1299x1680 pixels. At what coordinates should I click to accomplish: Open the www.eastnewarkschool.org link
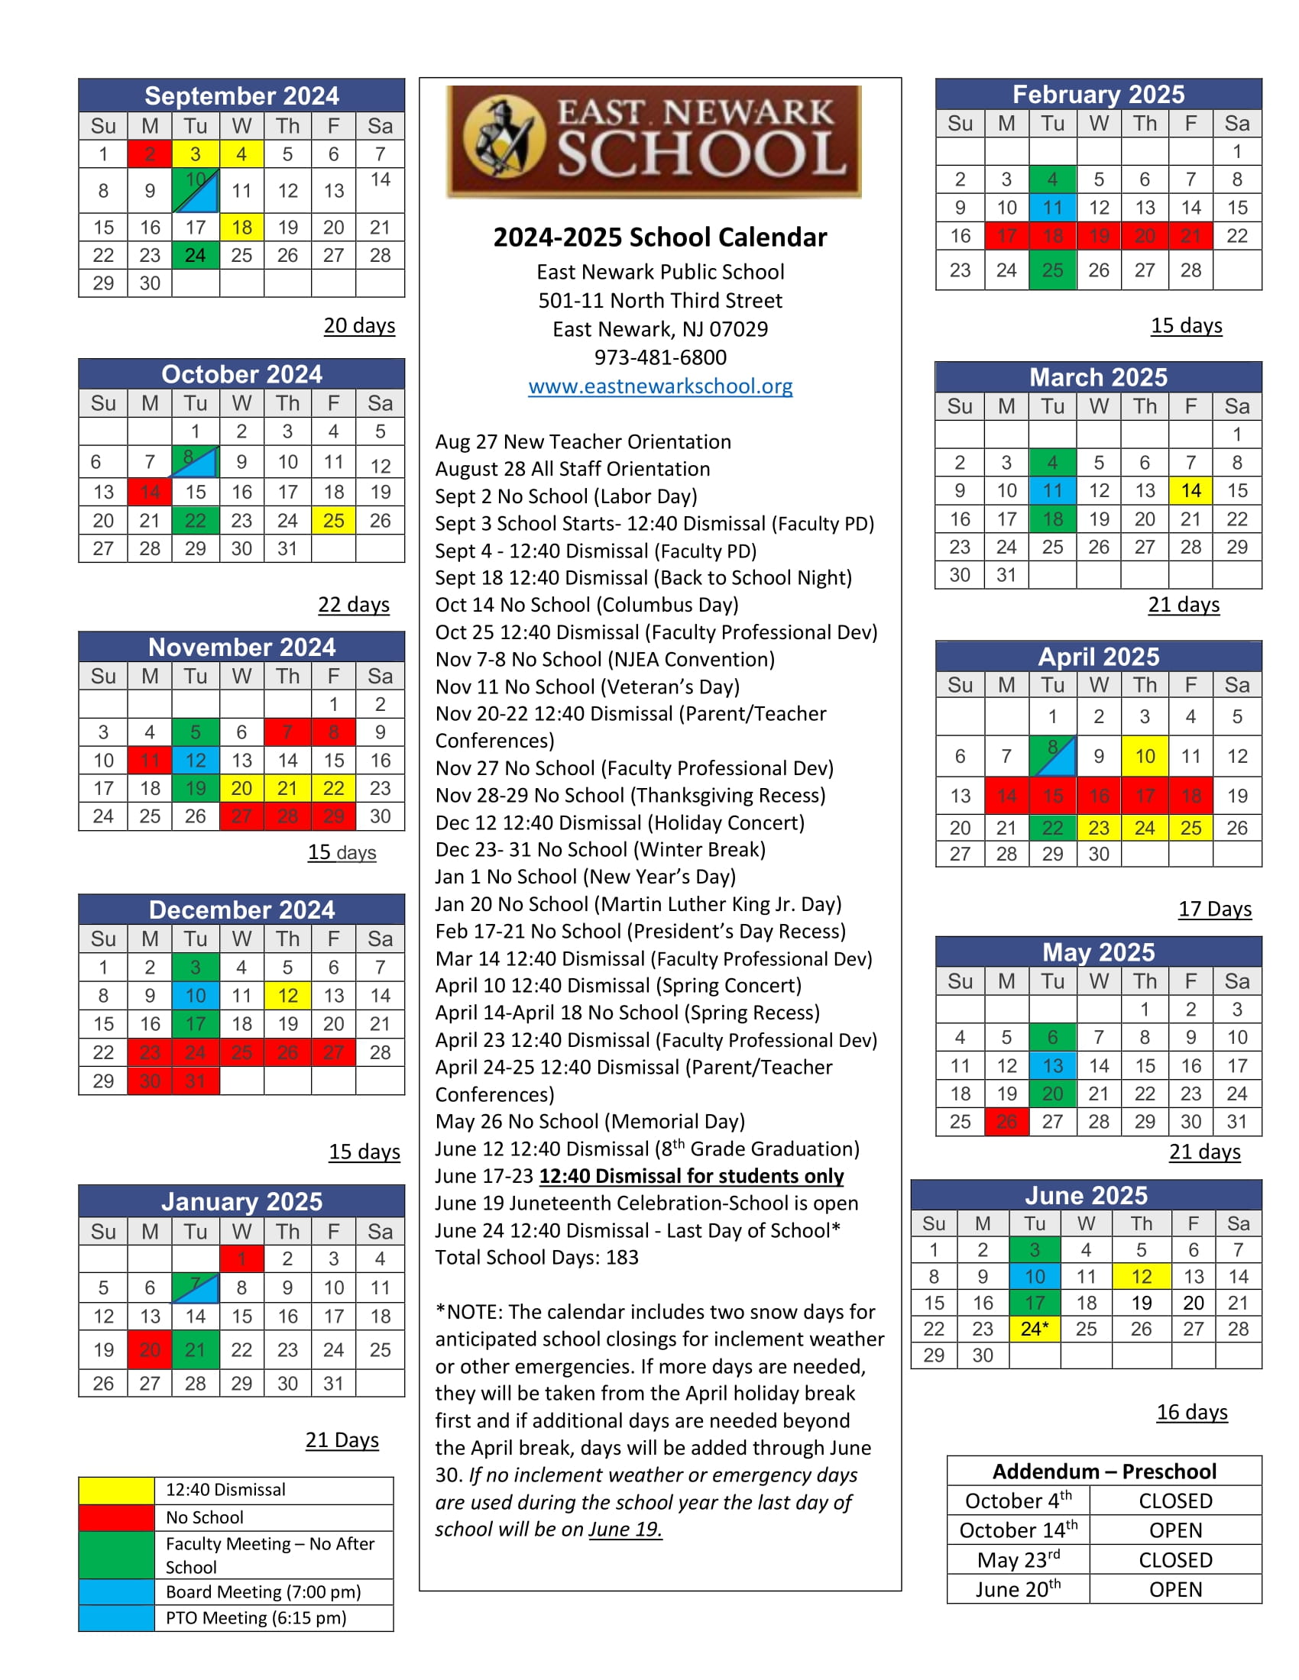[x=659, y=386]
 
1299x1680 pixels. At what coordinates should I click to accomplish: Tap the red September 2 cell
[x=150, y=153]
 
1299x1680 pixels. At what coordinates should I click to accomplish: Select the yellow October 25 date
[x=333, y=521]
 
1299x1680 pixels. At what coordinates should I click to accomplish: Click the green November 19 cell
[x=196, y=789]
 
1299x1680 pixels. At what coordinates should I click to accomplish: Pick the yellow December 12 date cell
[x=287, y=995]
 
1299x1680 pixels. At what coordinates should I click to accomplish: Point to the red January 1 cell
[x=241, y=1258]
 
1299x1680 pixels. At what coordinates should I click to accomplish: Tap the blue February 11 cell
[x=1052, y=208]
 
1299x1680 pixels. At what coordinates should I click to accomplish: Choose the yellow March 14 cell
[x=1190, y=491]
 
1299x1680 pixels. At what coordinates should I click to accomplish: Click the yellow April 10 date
[x=1145, y=756]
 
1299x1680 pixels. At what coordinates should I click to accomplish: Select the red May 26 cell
[x=1006, y=1122]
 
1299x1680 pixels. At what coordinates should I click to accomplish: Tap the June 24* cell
[x=1035, y=1329]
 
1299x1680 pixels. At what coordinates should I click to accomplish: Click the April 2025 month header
[x=1098, y=656]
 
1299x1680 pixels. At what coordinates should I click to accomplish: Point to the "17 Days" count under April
[x=1214, y=909]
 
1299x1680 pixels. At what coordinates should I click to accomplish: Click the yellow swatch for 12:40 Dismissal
[x=116, y=1490]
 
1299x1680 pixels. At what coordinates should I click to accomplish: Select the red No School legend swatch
[x=116, y=1517]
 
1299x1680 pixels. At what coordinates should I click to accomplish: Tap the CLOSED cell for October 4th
[x=1175, y=1501]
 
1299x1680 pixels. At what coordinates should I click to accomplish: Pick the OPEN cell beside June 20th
[x=1175, y=1589]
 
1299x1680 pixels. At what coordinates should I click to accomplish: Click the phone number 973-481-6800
[x=659, y=357]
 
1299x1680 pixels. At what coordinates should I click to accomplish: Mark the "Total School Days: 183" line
[x=536, y=1258]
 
